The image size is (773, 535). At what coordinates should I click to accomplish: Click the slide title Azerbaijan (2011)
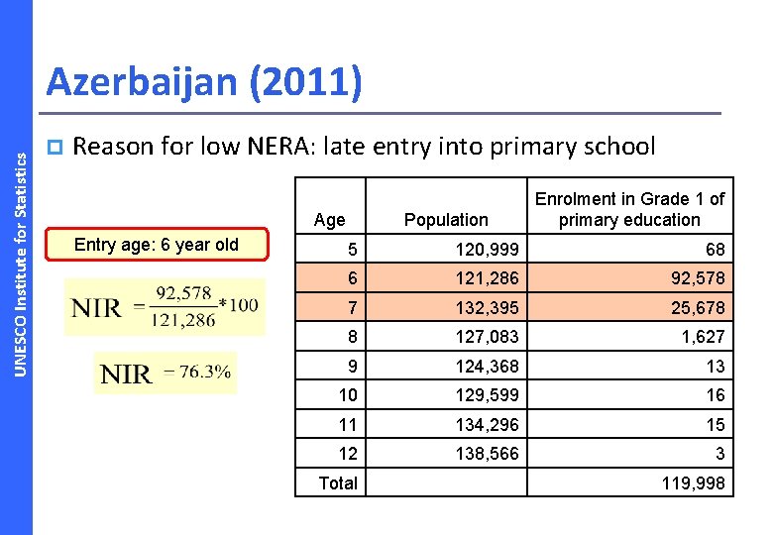pos(204,82)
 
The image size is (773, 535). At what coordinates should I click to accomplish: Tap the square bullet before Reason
pos(55,148)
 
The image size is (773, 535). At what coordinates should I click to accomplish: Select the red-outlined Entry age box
pos(157,245)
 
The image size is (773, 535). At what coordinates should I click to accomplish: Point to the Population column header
pos(446,220)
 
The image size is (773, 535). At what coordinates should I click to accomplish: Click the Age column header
pos(329,220)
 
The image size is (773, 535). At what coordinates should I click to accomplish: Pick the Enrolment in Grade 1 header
pos(629,209)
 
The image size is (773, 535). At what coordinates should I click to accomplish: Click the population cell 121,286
pos(488,278)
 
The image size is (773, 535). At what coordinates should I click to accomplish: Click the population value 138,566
pos(488,454)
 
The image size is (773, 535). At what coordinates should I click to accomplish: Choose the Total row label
pos(337,483)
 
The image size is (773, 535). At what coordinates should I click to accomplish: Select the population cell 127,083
pos(488,337)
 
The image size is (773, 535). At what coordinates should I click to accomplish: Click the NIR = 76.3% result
pos(166,374)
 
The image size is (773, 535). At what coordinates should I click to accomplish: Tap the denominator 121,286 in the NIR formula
pos(185,320)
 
